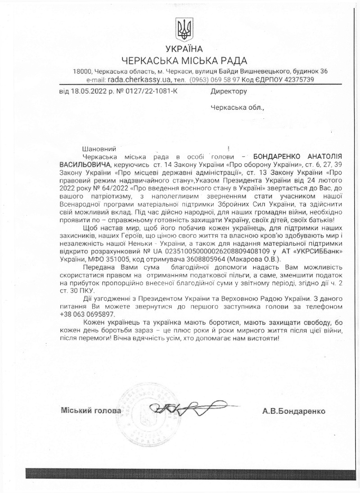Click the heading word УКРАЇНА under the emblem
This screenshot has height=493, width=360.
coord(184,49)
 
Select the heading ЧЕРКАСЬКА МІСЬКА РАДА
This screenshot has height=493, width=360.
coord(184,61)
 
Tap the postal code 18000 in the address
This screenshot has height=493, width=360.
coord(83,72)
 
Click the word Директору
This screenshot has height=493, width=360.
coord(229,92)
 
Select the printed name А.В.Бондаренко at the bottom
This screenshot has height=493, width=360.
coord(293,411)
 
